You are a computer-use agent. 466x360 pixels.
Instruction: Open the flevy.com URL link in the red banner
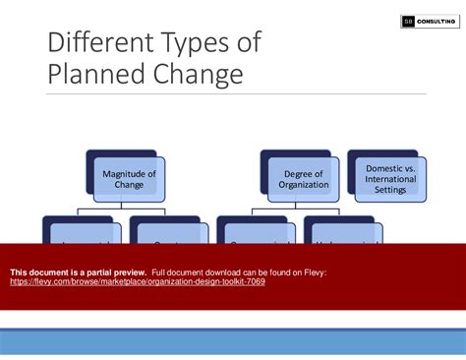tap(137, 281)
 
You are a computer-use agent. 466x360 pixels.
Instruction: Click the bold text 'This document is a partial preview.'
tap(79, 271)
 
